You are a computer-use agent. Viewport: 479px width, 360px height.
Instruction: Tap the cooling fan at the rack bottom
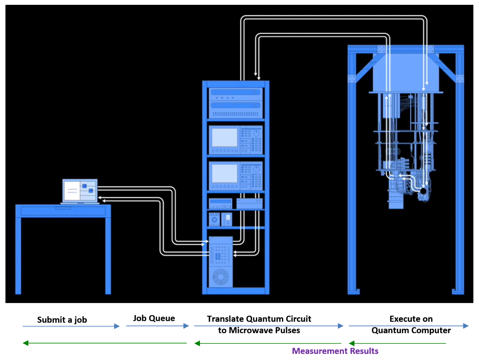tap(221, 277)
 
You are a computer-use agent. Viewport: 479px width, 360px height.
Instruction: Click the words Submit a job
tap(62, 320)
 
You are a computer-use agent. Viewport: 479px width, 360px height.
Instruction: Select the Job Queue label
tap(154, 318)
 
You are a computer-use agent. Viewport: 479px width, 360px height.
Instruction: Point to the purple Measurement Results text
tap(335, 351)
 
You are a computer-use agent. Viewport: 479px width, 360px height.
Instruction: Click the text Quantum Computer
tap(411, 331)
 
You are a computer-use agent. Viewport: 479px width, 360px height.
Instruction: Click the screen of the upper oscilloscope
tap(224, 138)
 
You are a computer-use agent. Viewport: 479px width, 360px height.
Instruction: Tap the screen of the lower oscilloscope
tap(224, 173)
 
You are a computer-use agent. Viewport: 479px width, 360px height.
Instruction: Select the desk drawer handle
tap(63, 208)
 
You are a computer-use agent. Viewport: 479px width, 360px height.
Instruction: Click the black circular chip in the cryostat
tap(423, 192)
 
